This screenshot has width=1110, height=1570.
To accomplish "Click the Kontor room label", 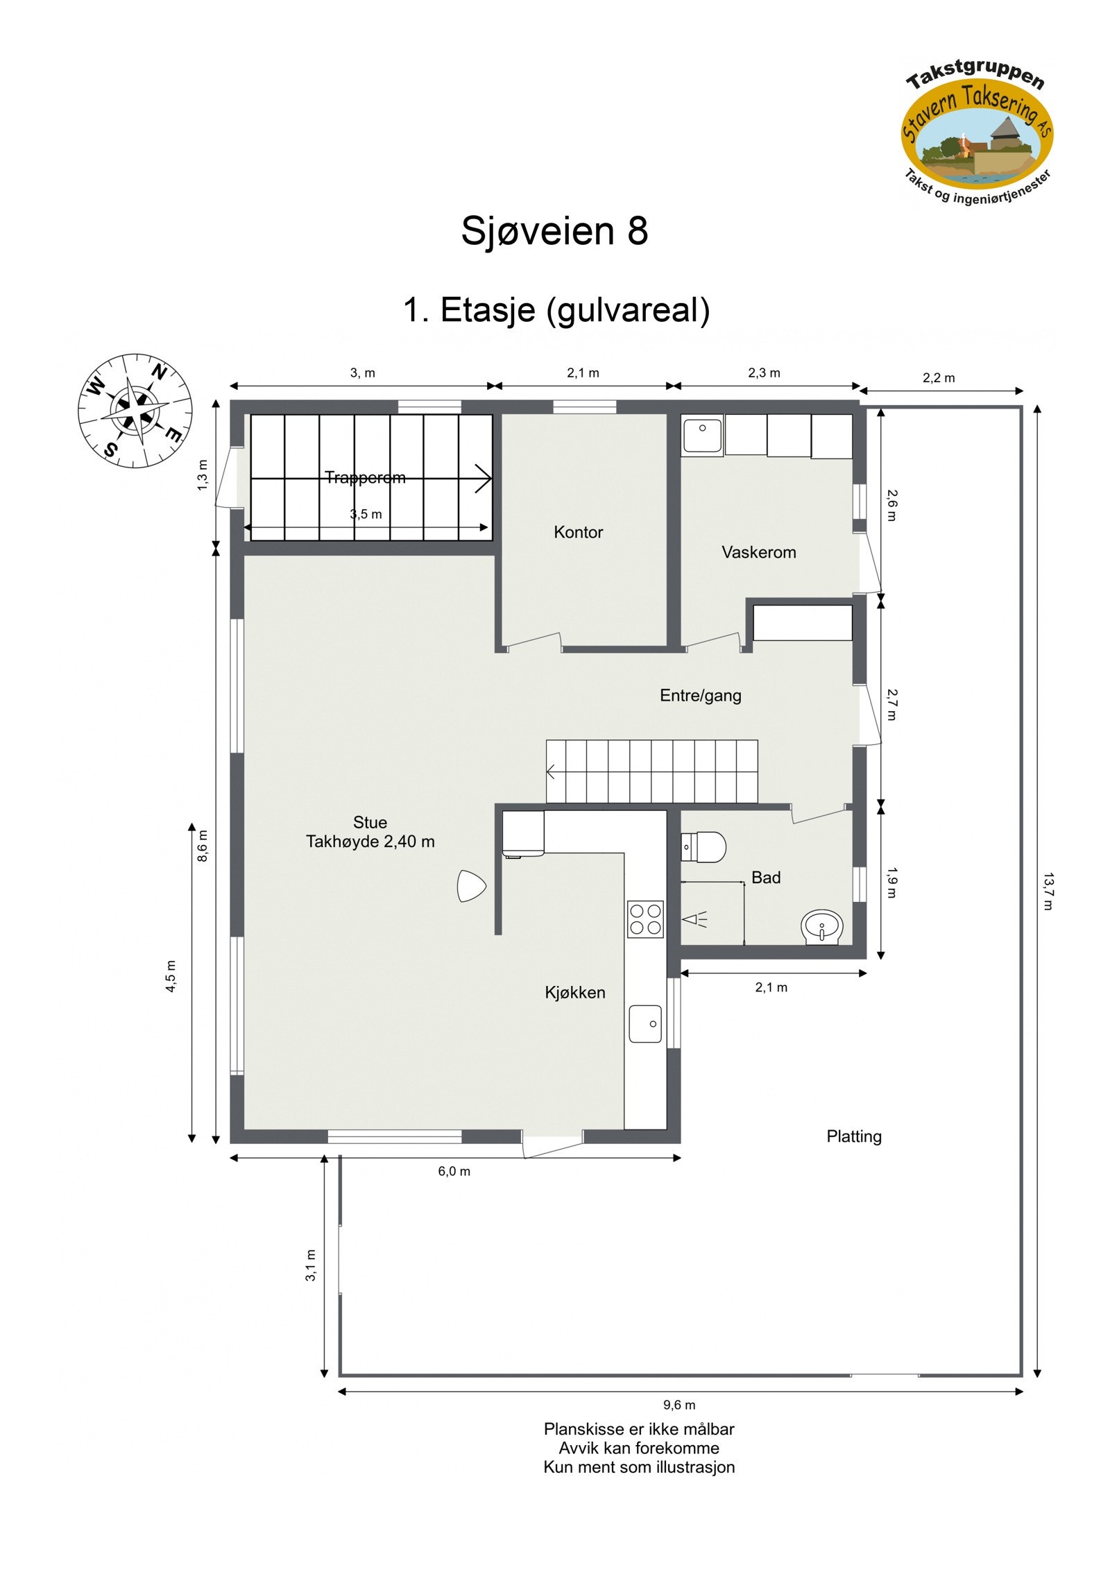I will coord(578,532).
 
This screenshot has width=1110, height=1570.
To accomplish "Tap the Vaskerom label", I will coord(758,552).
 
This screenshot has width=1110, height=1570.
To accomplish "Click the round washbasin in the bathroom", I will coord(822,926).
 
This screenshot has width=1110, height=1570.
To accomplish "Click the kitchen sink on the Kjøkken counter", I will coord(645,1023).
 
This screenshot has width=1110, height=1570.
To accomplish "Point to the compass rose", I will coord(135,411).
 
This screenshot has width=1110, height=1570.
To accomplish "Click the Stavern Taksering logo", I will coord(977,133).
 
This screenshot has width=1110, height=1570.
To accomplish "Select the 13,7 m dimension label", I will coord(1048,891).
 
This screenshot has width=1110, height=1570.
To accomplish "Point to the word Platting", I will coord(854,1136).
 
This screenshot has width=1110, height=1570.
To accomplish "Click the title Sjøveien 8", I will coord(554,230).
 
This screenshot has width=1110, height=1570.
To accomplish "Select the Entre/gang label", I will coord(700,695).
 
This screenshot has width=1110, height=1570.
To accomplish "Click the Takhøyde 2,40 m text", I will coord(370,842).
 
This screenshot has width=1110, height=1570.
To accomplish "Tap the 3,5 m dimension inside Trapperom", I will coord(366,514).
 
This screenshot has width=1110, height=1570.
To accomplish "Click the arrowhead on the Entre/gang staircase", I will coord(552,771).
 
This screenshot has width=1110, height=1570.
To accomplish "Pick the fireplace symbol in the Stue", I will coord(470,886).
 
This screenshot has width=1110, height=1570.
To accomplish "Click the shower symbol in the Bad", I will coord(694,921).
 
